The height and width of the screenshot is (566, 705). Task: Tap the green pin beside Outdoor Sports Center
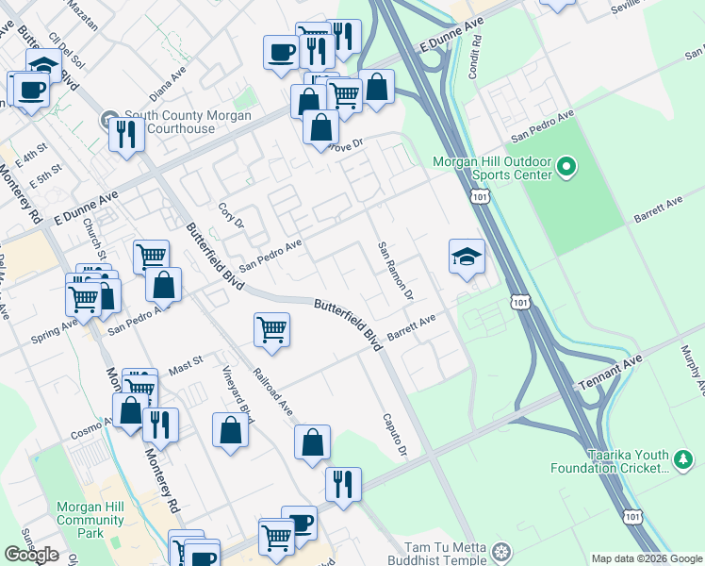566,167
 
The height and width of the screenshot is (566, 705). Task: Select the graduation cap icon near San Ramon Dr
467,258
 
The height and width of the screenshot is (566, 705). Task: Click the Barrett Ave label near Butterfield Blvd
413,327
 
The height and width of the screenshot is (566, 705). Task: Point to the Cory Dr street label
231,216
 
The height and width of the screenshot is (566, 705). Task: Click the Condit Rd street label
475,60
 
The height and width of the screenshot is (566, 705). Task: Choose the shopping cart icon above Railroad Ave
271,329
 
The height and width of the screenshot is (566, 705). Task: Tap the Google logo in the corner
31,555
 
